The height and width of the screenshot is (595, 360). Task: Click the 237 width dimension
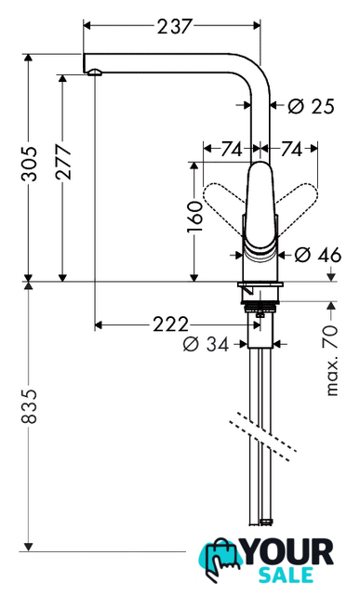coord(175,27)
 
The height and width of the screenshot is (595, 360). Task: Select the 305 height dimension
coord(29,164)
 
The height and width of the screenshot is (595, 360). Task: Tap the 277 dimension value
coord(63,161)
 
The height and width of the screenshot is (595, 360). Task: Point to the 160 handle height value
coord(194,217)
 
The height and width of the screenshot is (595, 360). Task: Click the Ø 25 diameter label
coord(311,106)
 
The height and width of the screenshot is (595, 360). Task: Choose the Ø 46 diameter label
coord(318,255)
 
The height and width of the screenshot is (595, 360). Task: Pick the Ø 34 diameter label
coord(207,344)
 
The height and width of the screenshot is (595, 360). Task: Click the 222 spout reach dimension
coord(170,324)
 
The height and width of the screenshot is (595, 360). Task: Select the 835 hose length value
coord(29,405)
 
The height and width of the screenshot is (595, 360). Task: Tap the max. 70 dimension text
coord(331,361)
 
